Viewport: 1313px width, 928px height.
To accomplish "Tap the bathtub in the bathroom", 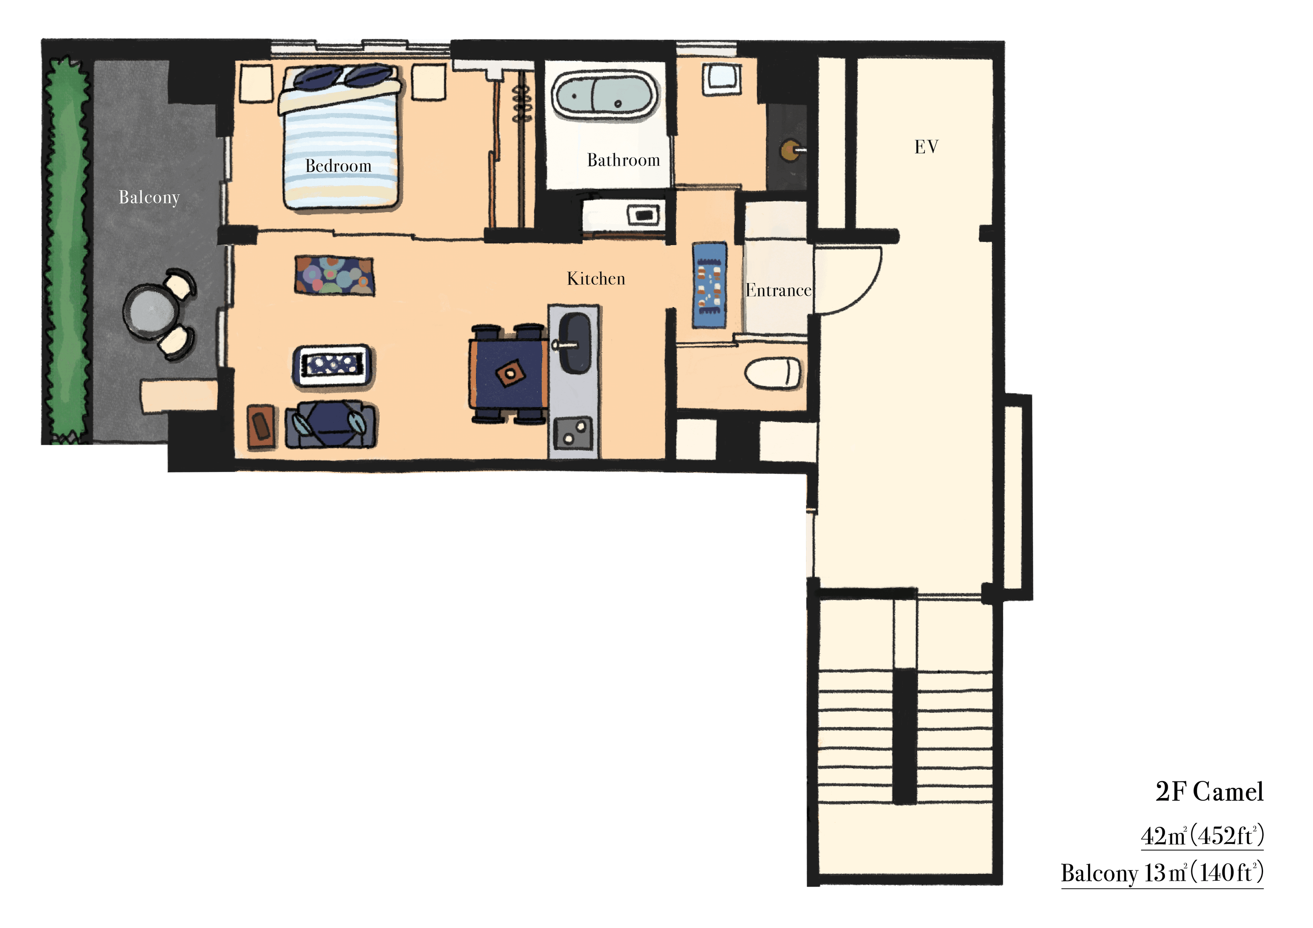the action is (x=604, y=95).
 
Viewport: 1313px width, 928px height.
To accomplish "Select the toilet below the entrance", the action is (x=772, y=373).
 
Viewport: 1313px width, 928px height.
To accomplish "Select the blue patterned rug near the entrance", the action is (x=709, y=285).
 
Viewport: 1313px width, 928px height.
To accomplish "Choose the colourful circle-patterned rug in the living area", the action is (x=334, y=275).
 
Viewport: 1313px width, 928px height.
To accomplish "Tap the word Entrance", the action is (x=778, y=291).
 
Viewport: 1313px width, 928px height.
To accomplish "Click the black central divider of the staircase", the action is (x=905, y=736).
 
